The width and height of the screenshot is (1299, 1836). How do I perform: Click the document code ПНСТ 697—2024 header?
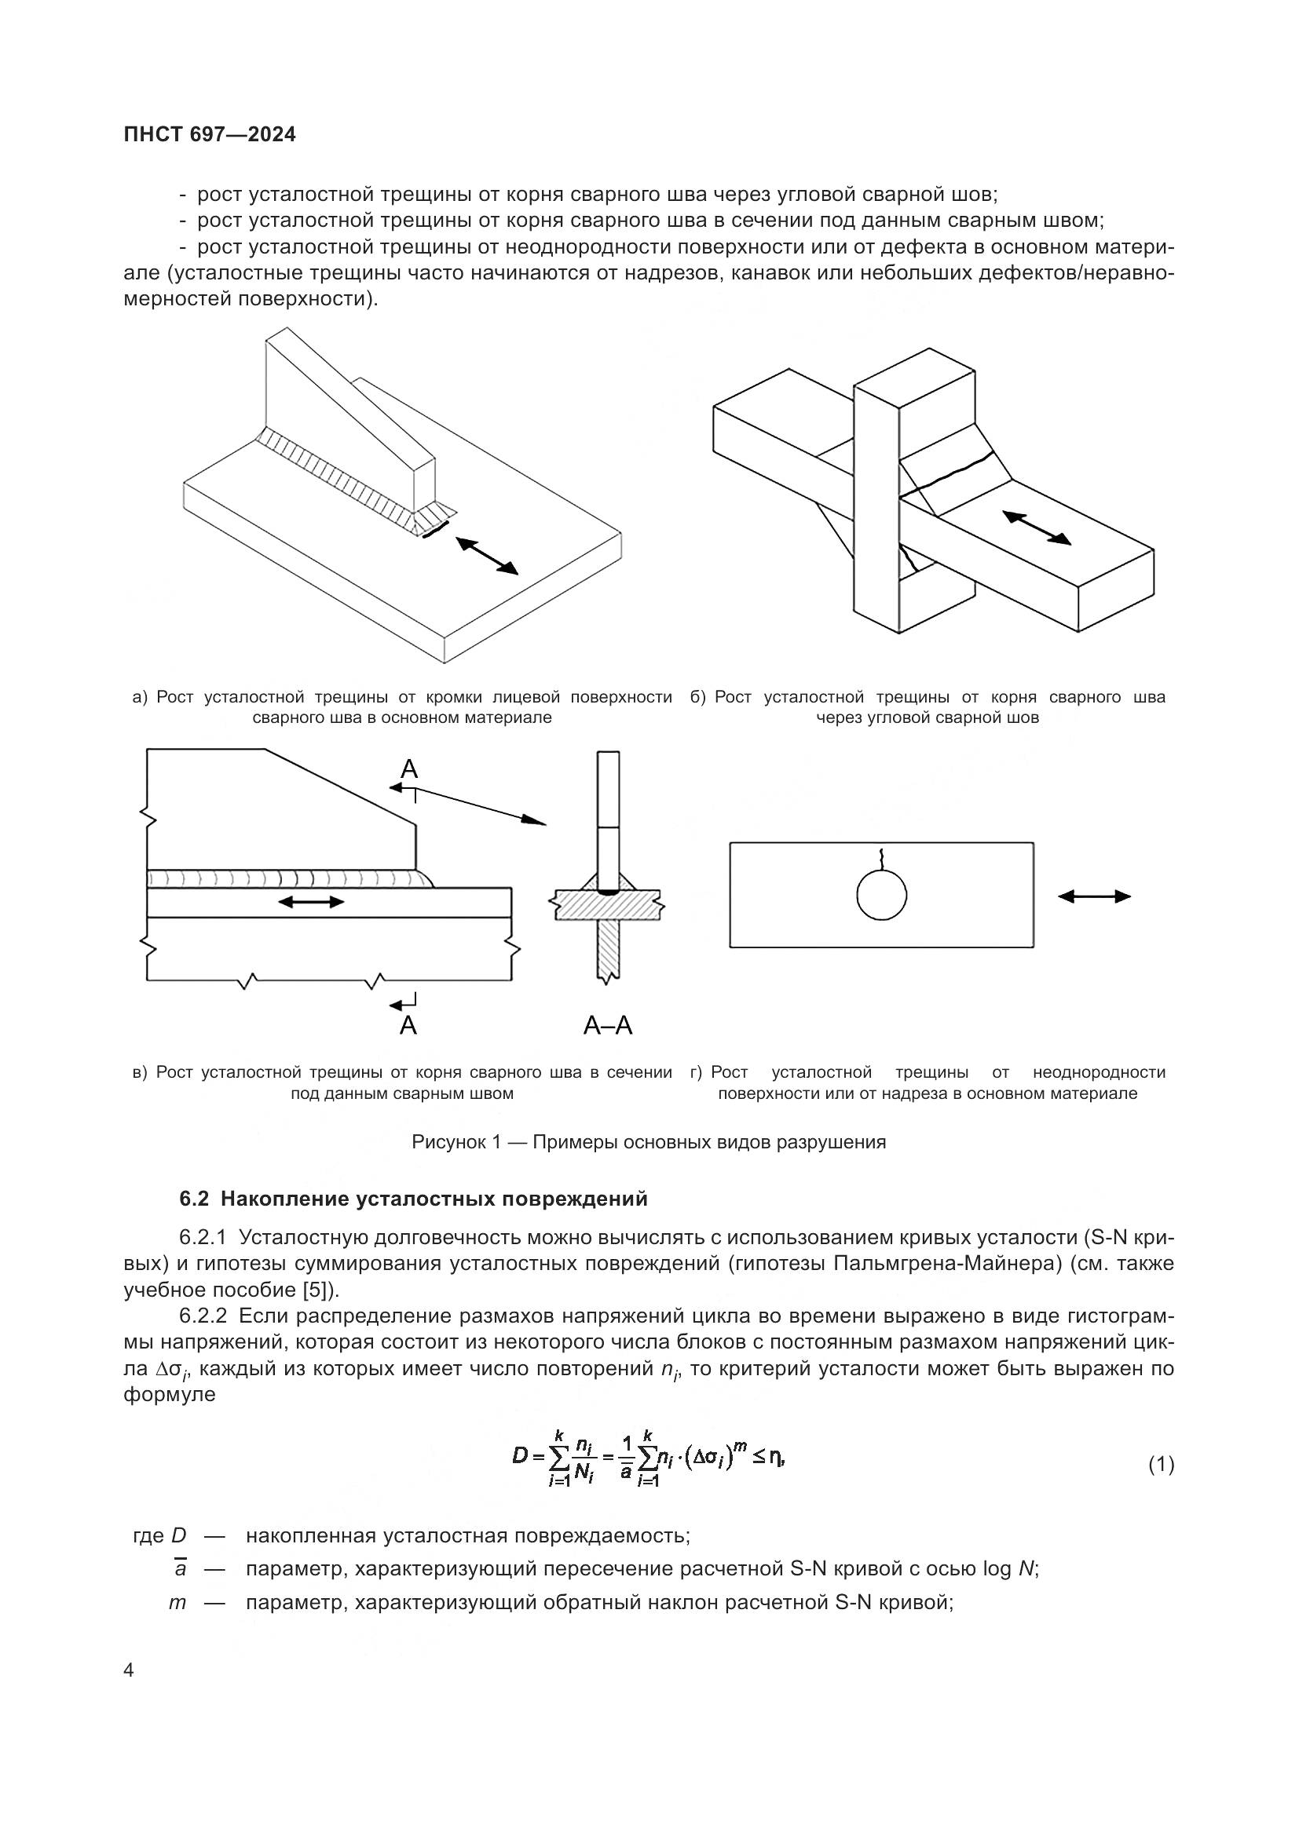210,135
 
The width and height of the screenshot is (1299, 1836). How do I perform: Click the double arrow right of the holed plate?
1094,896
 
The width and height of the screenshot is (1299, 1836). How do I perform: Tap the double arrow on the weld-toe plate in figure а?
487,556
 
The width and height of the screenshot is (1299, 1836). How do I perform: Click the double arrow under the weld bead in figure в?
311,902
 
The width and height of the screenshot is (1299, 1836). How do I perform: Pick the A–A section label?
608,1026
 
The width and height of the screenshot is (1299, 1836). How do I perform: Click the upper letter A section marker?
408,769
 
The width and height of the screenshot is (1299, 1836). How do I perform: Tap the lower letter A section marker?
408,1025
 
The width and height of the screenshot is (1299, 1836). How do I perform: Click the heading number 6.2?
196,1199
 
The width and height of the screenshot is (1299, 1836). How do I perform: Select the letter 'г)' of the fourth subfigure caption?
696,1072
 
